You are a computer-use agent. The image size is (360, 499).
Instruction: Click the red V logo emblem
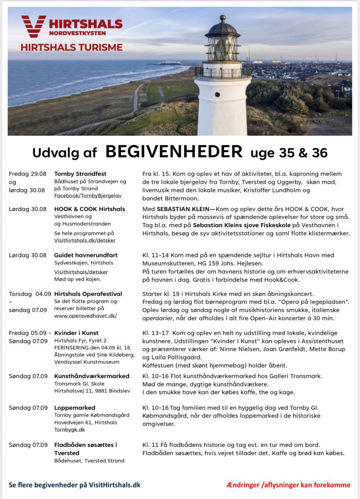click(33, 26)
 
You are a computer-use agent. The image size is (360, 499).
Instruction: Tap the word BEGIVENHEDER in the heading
click(174, 152)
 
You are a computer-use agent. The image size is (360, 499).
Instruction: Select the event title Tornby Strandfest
click(80, 174)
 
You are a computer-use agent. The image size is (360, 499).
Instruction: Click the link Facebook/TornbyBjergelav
click(88, 195)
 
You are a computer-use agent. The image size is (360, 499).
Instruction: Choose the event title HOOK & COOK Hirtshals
click(89, 209)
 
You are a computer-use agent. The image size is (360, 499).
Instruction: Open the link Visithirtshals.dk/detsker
click(85, 240)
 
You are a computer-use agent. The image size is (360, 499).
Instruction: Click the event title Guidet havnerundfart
click(86, 255)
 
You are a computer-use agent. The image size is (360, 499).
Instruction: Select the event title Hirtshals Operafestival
click(88, 294)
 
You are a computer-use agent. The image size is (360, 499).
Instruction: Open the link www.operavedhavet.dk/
click(85, 315)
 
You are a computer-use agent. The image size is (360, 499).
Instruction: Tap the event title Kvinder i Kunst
click(76, 333)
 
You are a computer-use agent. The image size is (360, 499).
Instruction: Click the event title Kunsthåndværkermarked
click(92, 376)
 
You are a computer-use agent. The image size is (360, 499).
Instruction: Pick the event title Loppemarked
click(75, 408)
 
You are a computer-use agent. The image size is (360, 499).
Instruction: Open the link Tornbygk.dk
click(70, 430)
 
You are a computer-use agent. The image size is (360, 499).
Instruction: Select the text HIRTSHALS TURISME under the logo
click(72, 47)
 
